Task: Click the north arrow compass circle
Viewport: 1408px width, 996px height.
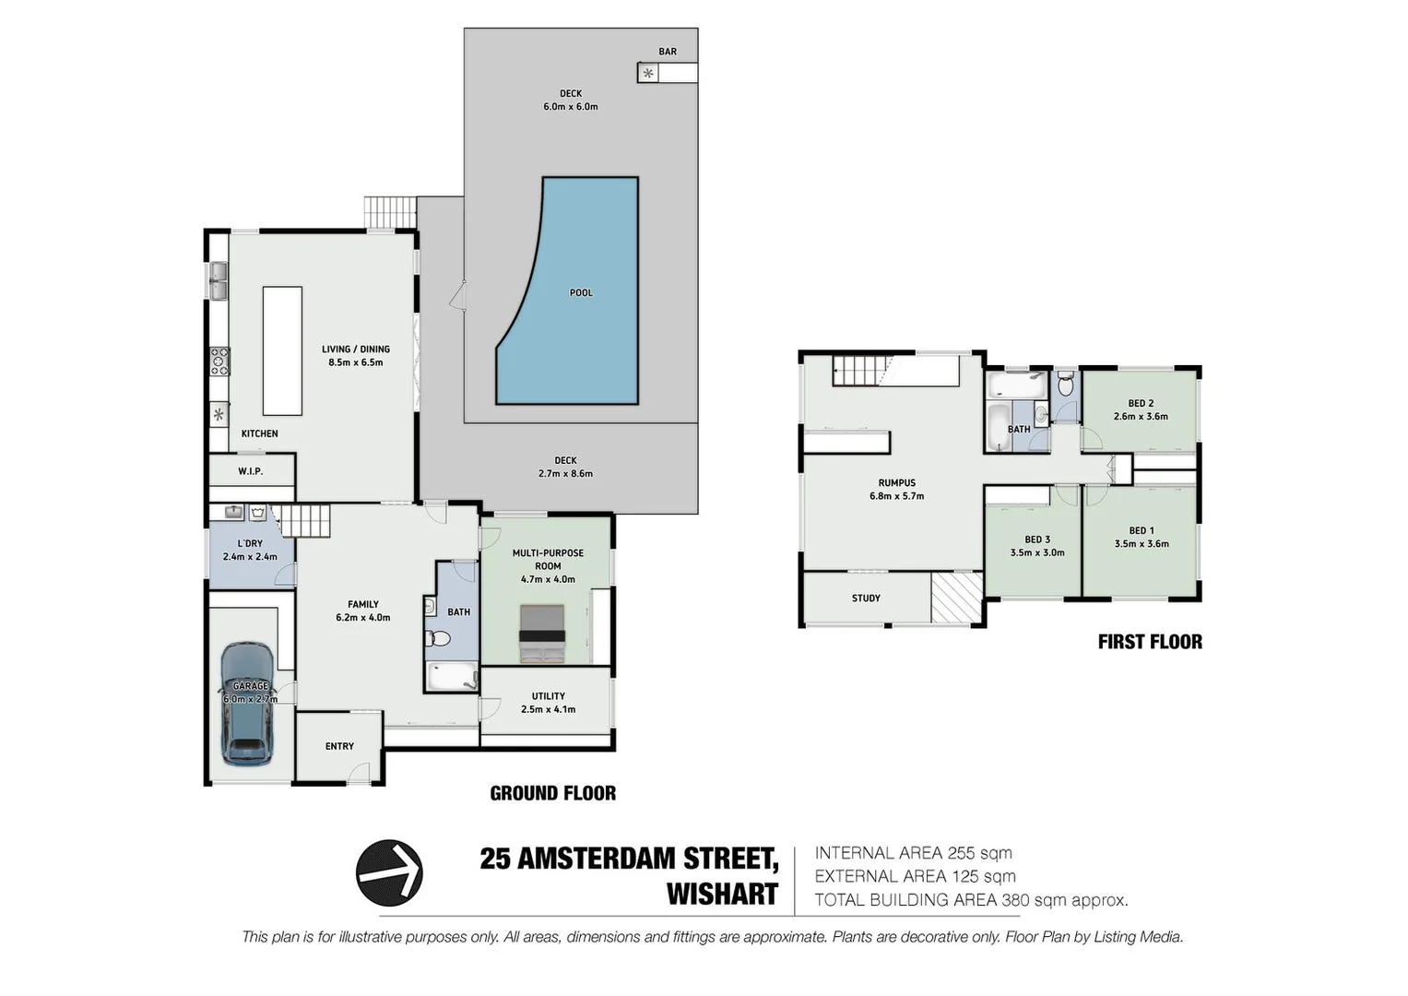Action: [389, 872]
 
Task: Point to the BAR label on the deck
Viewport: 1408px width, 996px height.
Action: [668, 52]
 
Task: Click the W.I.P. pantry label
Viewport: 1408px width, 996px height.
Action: [250, 471]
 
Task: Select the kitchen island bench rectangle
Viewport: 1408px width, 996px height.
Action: [282, 350]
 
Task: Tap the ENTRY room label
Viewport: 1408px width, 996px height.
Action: [339, 746]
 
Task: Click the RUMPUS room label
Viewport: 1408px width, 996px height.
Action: [896, 482]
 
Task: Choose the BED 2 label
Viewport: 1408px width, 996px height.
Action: [1141, 403]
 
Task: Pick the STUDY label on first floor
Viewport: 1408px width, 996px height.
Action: [866, 599]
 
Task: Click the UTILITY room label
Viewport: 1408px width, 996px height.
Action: [548, 696]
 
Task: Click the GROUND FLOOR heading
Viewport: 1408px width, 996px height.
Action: [552, 793]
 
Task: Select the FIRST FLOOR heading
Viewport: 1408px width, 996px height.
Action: [1149, 642]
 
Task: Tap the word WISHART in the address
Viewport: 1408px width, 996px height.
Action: [722, 895]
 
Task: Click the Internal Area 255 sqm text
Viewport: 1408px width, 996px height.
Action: [913, 853]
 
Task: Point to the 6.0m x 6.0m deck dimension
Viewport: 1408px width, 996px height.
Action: [570, 107]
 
